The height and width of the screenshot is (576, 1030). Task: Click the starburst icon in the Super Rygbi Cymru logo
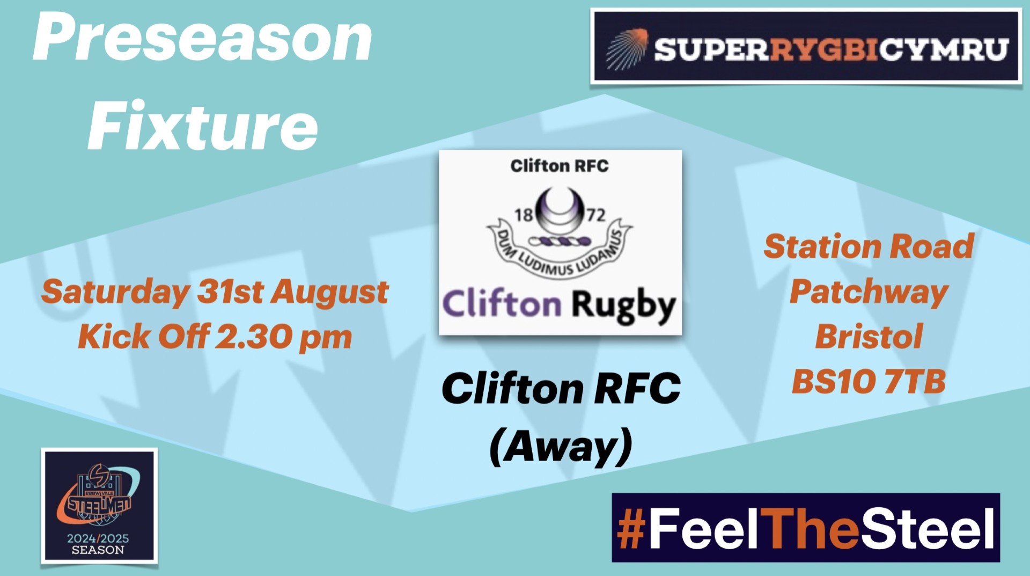[x=627, y=49]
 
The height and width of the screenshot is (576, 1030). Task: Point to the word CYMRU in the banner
[x=944, y=49]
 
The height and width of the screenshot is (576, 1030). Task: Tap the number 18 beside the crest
[x=524, y=215]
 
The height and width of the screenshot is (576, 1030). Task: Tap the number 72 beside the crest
[x=595, y=215]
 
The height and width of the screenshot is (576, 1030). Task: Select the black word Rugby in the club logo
[x=623, y=307]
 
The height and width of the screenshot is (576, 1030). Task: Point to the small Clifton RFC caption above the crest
[x=560, y=166]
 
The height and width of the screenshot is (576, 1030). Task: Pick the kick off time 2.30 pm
[x=283, y=337]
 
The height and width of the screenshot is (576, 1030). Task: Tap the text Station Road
[x=869, y=246]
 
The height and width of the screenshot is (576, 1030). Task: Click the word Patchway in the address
[x=869, y=293]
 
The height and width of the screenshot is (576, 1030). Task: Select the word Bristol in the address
[x=869, y=337]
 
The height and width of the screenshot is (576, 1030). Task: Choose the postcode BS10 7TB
[x=869, y=382]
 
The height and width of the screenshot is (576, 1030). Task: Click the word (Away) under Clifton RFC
[x=561, y=447]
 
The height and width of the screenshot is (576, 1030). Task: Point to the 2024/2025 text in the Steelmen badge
[x=98, y=538]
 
